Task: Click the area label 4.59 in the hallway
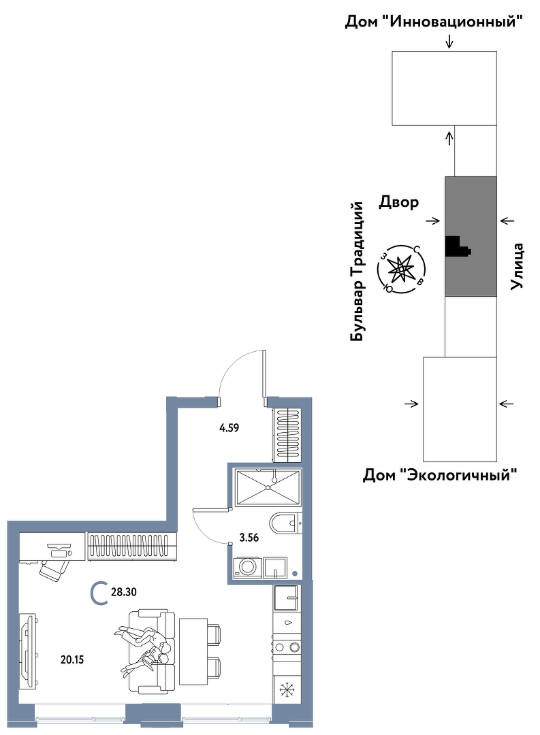(229, 427)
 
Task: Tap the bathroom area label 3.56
(249, 538)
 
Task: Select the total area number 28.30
(124, 592)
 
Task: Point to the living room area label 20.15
(72, 659)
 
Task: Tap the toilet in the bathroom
(286, 522)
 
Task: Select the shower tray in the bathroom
(268, 487)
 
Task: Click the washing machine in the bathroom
(247, 566)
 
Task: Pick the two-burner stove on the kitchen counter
(287, 647)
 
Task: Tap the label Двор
(399, 203)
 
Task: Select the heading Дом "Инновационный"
(434, 22)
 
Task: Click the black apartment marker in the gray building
(456, 246)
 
